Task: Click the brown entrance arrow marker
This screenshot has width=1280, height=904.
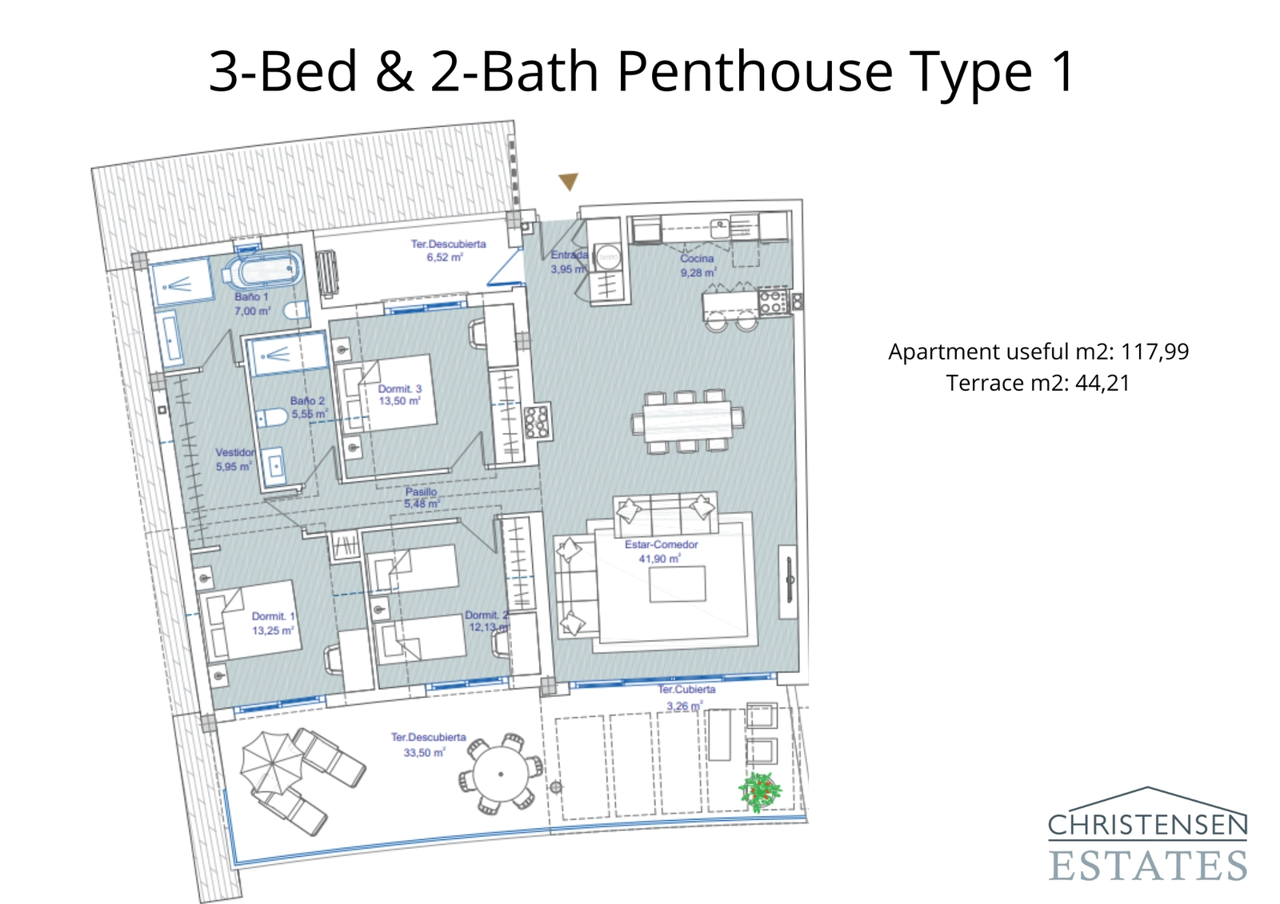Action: point(568,181)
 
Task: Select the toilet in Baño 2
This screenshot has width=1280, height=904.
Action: point(272,416)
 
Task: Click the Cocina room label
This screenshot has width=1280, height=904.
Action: point(697,258)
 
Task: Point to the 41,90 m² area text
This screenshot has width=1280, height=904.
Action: point(659,559)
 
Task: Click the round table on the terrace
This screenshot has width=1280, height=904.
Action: point(501,774)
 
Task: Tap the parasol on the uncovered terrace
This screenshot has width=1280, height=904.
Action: point(272,763)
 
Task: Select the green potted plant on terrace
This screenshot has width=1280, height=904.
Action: point(759,791)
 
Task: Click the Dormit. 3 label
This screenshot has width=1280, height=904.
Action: point(400,388)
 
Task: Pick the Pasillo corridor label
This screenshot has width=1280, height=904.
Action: point(421,492)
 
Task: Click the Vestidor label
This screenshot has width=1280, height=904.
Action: point(235,452)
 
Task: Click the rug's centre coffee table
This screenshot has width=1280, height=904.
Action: point(677,583)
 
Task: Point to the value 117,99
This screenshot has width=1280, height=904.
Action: point(1154,352)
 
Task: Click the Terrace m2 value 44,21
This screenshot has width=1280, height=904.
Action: point(1102,383)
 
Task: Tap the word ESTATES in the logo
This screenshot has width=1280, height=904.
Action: point(1147,866)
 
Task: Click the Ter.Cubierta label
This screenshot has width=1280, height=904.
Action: point(686,689)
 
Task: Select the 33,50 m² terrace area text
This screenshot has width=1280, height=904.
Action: point(424,752)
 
